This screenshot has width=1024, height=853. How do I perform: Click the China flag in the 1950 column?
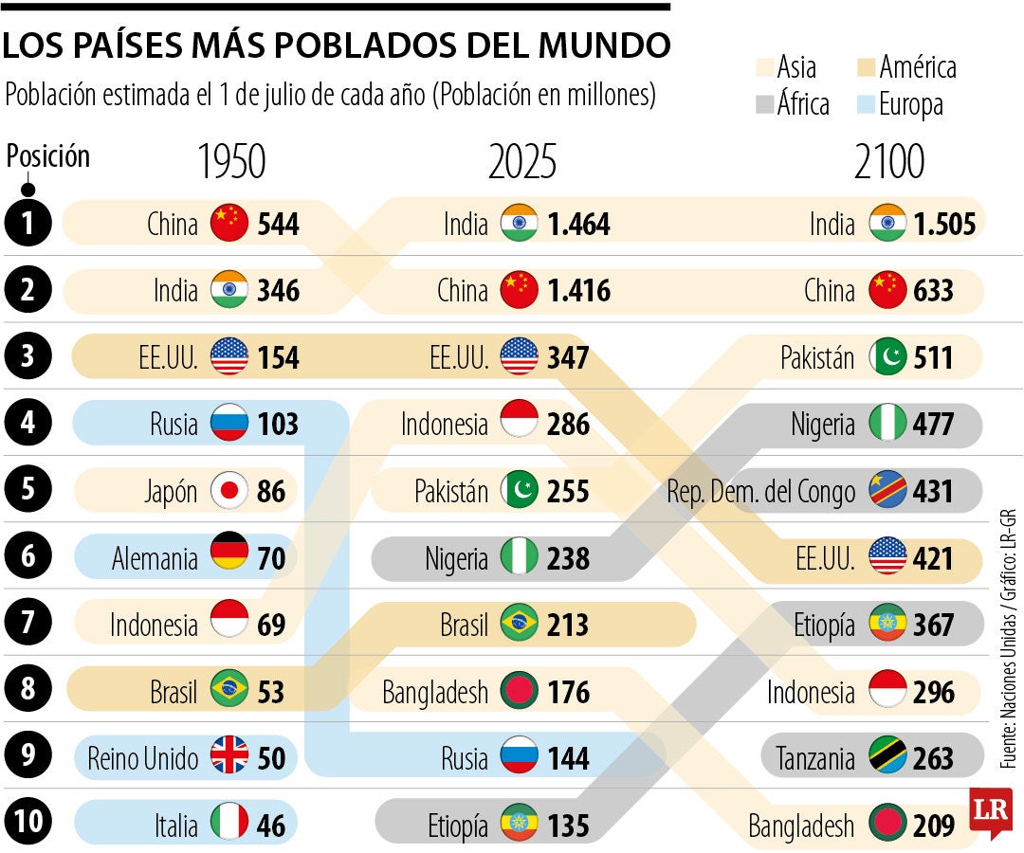pyautogui.click(x=229, y=224)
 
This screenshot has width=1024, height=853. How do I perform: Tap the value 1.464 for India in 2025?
pyautogui.click(x=578, y=225)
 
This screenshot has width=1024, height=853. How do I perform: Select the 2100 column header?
pyautogui.click(x=888, y=163)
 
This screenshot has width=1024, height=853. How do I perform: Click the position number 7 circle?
pyautogui.click(x=29, y=625)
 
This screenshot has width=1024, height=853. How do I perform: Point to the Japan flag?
pyautogui.click(x=229, y=491)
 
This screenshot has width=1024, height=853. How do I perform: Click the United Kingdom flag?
pyautogui.click(x=229, y=758)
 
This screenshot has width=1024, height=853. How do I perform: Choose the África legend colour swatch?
pyautogui.click(x=764, y=103)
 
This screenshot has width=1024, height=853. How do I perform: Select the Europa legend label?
pyautogui.click(x=910, y=103)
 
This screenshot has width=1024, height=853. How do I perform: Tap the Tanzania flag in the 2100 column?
pyautogui.click(x=887, y=758)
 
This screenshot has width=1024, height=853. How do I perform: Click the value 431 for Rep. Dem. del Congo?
pyautogui.click(x=933, y=491)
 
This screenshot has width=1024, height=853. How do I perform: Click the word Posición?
pyautogui.click(x=48, y=156)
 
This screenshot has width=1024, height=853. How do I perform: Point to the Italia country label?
pyautogui.click(x=176, y=826)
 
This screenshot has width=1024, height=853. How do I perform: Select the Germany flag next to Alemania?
pyautogui.click(x=229, y=557)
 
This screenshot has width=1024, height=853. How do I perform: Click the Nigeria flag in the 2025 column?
pyautogui.click(x=519, y=558)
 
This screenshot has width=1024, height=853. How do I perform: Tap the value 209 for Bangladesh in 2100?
pyautogui.click(x=933, y=826)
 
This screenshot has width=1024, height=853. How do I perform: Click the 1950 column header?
pyautogui.click(x=231, y=163)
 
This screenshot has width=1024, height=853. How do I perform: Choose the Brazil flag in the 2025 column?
pyautogui.click(x=519, y=625)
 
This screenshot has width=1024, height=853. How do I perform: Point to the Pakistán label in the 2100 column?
pyautogui.click(x=817, y=357)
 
